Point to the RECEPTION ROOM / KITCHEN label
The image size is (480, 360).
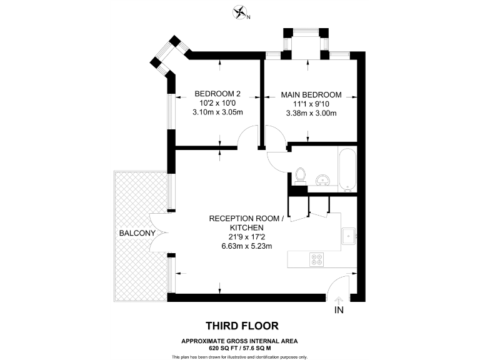[246, 223]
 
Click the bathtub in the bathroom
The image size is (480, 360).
[346, 169]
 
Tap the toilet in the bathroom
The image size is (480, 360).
[300, 174]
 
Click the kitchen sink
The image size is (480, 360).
[348, 236]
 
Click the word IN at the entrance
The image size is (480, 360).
[339, 309]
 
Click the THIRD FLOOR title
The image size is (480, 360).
[242, 326]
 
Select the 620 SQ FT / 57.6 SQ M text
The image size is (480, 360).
[239, 347]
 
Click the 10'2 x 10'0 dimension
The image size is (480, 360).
[217, 104]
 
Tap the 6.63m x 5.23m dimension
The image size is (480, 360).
[246, 246]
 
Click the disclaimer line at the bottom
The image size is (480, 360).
[239, 356]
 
